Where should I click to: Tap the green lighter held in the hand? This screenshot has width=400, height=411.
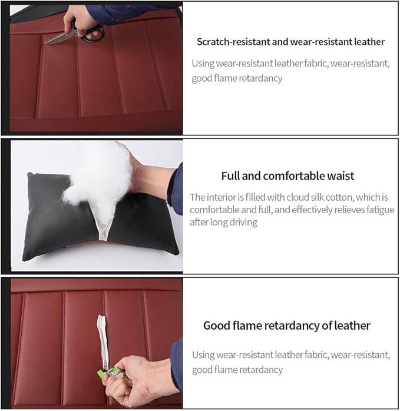[x=113, y=373]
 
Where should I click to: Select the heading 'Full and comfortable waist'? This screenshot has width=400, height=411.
[x=288, y=175]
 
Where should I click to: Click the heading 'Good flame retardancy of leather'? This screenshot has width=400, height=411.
[x=287, y=325]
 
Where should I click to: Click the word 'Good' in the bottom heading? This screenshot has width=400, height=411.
[x=216, y=325]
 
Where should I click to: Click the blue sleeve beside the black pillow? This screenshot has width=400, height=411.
[x=176, y=188]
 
